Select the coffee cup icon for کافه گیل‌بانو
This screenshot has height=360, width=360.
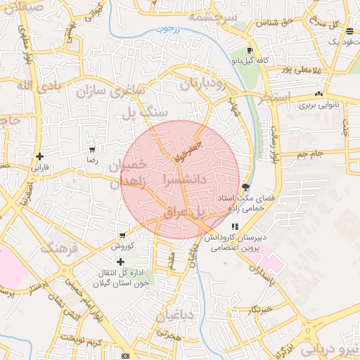click(x=250, y=51)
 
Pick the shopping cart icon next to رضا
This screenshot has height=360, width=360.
click(x=92, y=150)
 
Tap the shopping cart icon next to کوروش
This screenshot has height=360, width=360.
click(x=122, y=235)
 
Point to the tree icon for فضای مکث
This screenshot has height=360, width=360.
click(x=245, y=187)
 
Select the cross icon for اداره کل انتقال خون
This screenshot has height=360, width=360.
click(x=120, y=262)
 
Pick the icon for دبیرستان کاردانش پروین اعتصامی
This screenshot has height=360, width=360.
click(x=235, y=227)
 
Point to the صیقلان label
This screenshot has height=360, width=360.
click(x=22, y=7)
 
